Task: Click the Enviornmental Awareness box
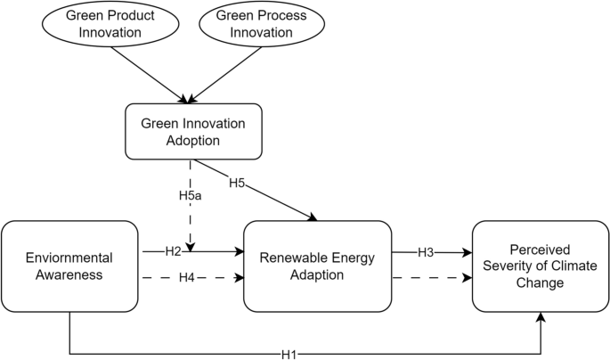pos(69,266)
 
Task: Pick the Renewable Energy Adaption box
pos(317,266)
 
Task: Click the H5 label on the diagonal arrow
pos(237,184)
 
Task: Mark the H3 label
pos(427,253)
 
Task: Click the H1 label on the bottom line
pos(288,354)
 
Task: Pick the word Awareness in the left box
pos(69,274)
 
